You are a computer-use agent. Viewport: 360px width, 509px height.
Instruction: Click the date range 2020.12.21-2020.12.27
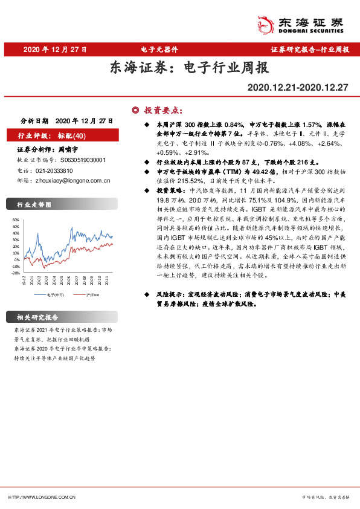coord(298,88)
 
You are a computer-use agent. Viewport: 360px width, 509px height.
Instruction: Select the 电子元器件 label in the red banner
coord(159,49)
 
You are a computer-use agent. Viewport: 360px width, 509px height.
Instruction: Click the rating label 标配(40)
coord(72,135)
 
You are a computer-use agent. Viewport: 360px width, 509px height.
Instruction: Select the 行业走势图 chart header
coord(30,205)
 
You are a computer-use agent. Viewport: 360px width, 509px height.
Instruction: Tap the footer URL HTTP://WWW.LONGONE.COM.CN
coord(42,497)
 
